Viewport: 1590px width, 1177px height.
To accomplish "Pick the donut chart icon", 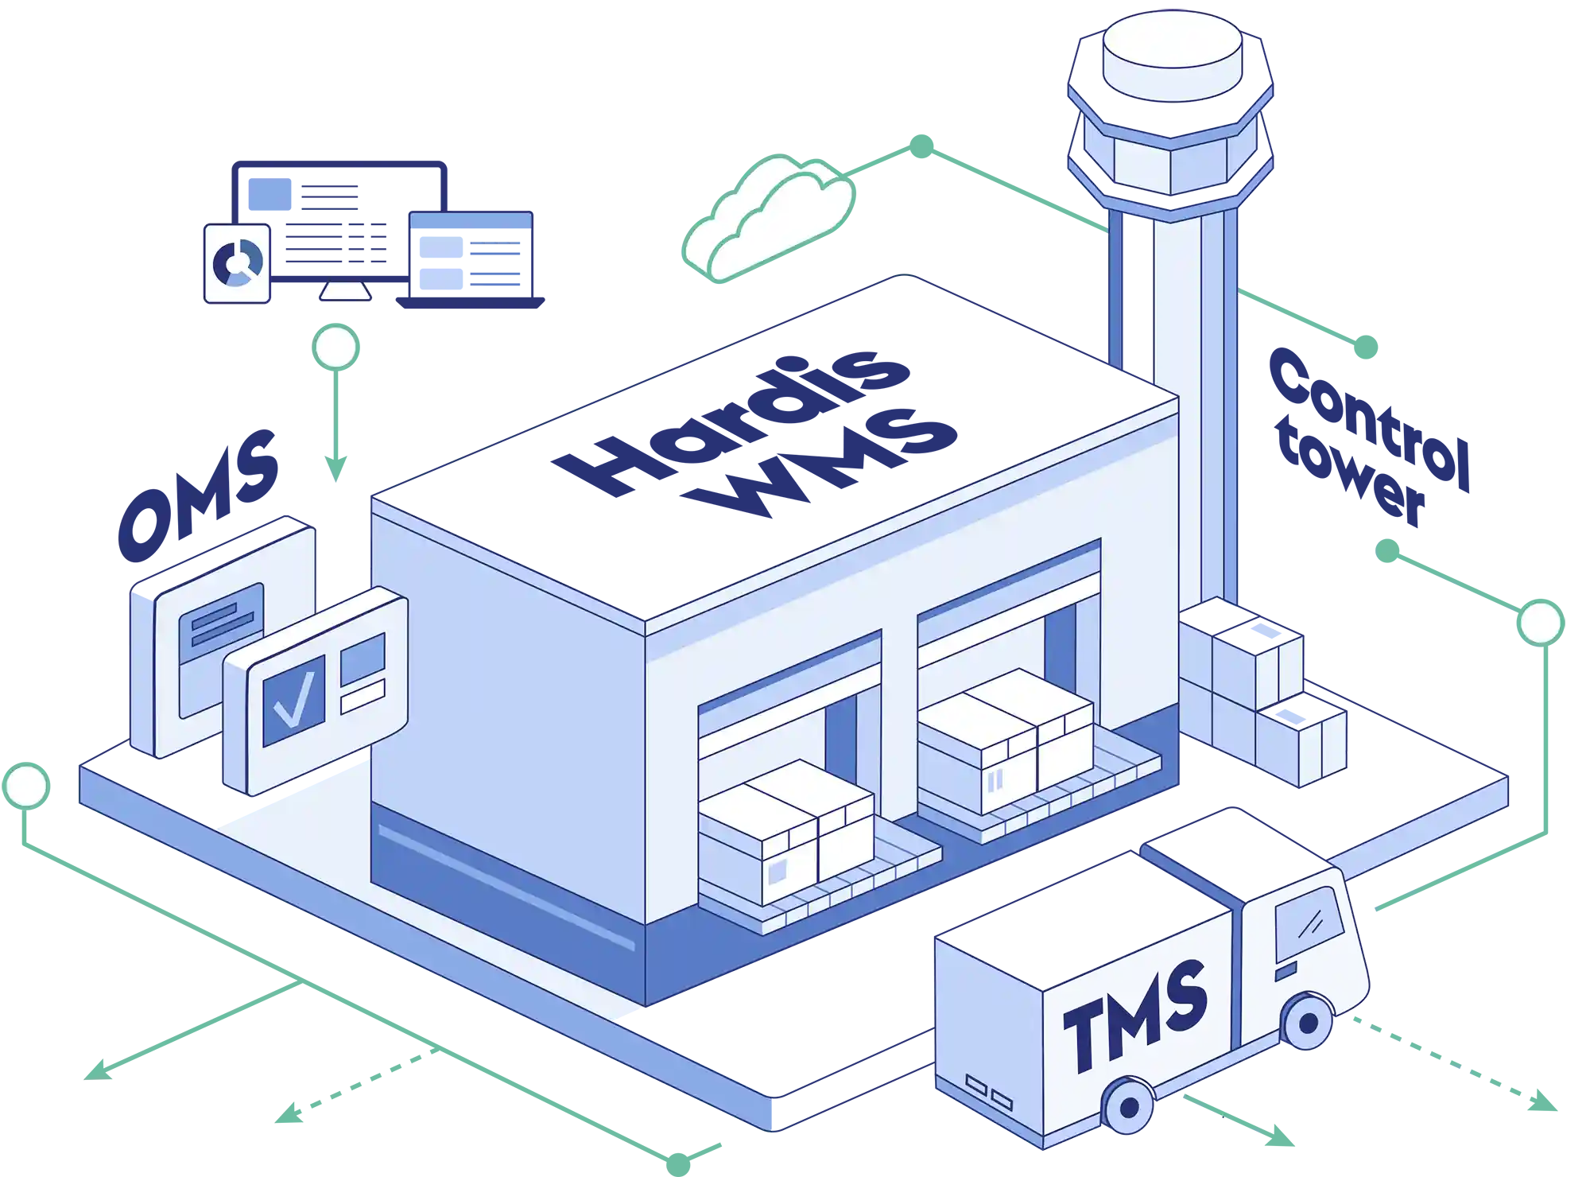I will coord(237,262).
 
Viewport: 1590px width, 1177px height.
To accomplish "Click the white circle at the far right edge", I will coord(1540,623).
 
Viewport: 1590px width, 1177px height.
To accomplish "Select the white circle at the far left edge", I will coord(26,785).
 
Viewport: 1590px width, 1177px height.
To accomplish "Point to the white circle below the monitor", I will coord(335,348).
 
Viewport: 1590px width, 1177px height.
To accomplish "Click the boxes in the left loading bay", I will coord(785,831).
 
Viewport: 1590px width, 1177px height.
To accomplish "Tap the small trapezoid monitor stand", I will coord(344,290).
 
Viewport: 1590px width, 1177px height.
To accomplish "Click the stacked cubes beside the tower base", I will coord(1260,692).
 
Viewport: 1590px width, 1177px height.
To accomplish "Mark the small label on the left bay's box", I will coord(777,872).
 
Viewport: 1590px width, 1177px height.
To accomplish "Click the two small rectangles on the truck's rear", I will coord(988,1093).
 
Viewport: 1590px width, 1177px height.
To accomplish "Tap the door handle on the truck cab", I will coord(1285,972).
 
